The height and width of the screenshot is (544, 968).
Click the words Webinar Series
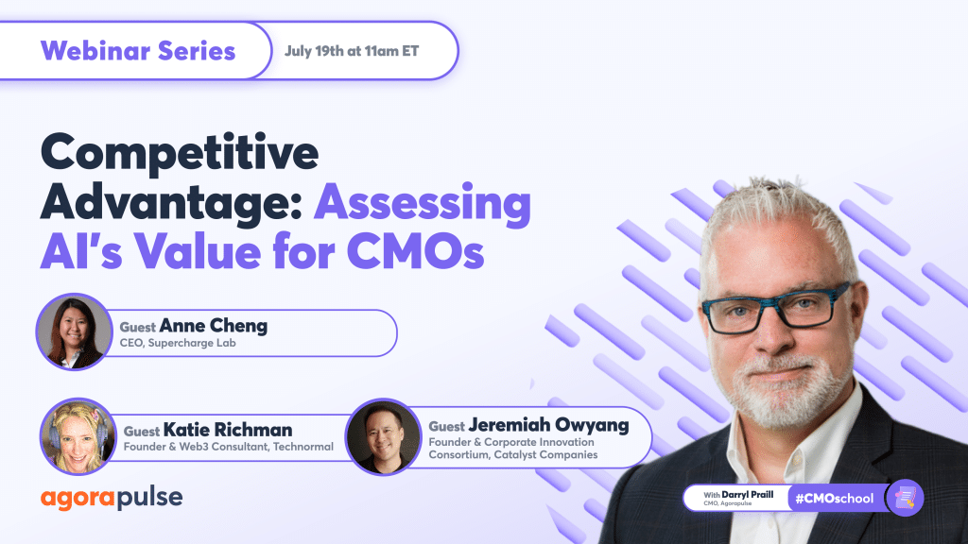138,51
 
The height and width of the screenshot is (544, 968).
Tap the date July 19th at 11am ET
352,51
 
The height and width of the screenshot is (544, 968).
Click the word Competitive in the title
180,153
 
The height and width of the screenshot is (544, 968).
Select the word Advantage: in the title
171,202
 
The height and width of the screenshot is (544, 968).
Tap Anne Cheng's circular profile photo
75,331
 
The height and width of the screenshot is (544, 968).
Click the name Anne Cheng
213,325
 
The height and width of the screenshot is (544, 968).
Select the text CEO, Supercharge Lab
178,343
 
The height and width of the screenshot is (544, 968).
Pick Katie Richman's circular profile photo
78,436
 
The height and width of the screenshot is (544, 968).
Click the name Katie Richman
228,430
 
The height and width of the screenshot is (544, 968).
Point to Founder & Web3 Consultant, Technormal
229,447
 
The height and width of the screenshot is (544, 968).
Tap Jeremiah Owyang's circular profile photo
384,436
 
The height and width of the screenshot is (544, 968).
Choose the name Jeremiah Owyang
548,425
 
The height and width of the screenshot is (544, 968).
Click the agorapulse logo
112,498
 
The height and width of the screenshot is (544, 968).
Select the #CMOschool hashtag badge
835,499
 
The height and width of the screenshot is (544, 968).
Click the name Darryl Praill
747,494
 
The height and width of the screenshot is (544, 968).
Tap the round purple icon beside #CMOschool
905,498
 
